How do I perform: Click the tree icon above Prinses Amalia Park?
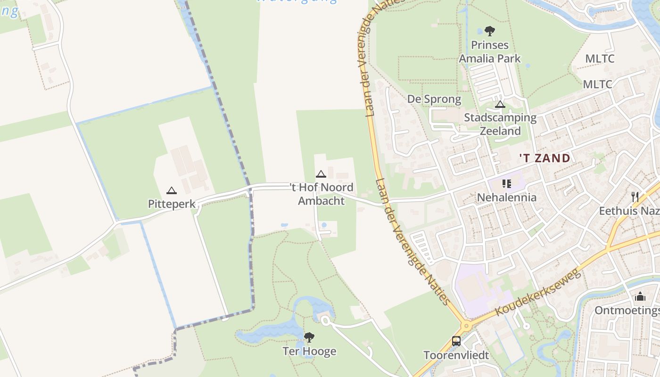490,31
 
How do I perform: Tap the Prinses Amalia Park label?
490,52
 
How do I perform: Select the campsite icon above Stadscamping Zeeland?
500,104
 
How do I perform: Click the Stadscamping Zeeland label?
500,124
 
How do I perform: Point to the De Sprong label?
434,99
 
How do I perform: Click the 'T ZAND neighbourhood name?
544,158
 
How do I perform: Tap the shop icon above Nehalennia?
507,184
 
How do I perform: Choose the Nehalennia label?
507,197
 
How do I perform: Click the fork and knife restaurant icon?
635,197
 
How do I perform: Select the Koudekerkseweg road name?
537,293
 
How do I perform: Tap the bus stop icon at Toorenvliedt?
456,341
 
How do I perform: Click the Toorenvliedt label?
456,355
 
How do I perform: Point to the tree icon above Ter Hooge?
309,337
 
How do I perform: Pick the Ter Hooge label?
309,351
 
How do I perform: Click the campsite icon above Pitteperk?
171,190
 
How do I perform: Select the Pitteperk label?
171,204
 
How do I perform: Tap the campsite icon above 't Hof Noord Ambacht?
321,174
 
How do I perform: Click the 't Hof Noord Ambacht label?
321,194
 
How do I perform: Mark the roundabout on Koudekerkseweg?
466,326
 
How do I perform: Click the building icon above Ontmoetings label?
640,296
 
